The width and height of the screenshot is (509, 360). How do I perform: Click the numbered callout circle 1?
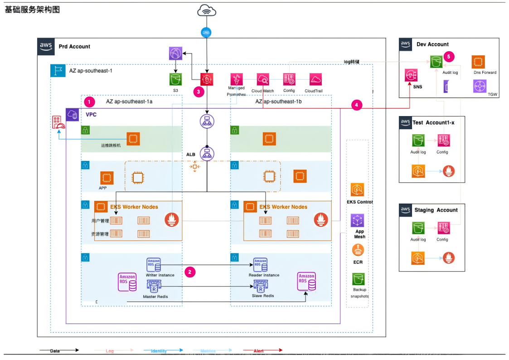pyautogui.click(x=90, y=102)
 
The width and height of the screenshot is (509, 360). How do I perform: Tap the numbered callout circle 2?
pyautogui.click(x=190, y=272)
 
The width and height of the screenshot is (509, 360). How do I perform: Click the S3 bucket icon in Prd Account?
pyautogui.click(x=175, y=79)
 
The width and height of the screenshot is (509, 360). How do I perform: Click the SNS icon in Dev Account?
pyautogui.click(x=411, y=75)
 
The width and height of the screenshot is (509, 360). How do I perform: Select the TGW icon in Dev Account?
pyautogui.click(x=480, y=86)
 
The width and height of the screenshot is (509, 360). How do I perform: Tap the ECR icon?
pyautogui.click(x=358, y=250)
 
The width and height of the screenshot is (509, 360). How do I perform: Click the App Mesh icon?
pyautogui.click(x=358, y=221)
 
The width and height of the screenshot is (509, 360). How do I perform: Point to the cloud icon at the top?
pyautogui.click(x=207, y=11)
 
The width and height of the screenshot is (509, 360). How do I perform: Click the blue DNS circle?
pyautogui.click(x=207, y=32)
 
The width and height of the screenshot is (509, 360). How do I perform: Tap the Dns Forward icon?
pyautogui.click(x=479, y=62)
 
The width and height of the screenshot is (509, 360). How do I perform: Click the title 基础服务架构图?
pyautogui.click(x=32, y=10)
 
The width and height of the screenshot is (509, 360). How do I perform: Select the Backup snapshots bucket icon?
pyautogui.click(x=359, y=279)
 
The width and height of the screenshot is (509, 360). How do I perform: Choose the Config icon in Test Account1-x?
pyautogui.click(x=443, y=140)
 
